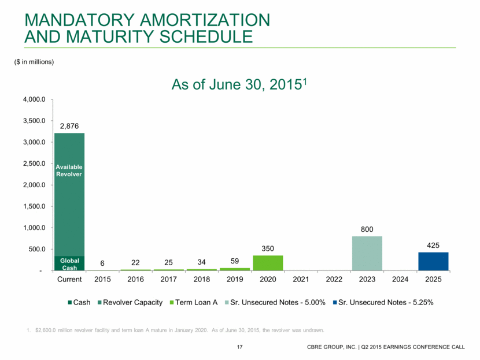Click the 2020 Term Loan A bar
pos(268,263)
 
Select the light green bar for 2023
pos(367,253)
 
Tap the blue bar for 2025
pos(433,261)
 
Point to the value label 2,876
pos(69,125)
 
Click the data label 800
pos(367,229)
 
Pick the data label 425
pos(433,245)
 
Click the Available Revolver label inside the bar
pos(69,170)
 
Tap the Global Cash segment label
pos(69,263)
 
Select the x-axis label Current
pos(69,280)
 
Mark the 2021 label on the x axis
pos(301,280)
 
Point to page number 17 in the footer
pos(239,347)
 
